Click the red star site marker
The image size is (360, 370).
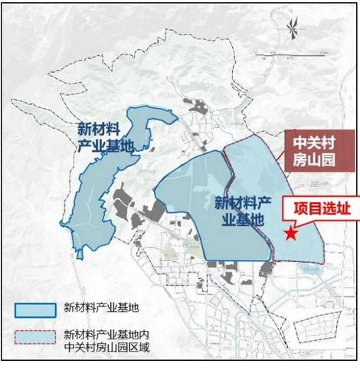coord(290,234)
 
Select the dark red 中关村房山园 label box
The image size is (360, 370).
coord(311,152)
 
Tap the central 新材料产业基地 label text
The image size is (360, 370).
coord(239,211)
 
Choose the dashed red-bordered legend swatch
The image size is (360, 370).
coord(34,339)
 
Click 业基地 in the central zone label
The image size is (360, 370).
coord(239,219)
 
